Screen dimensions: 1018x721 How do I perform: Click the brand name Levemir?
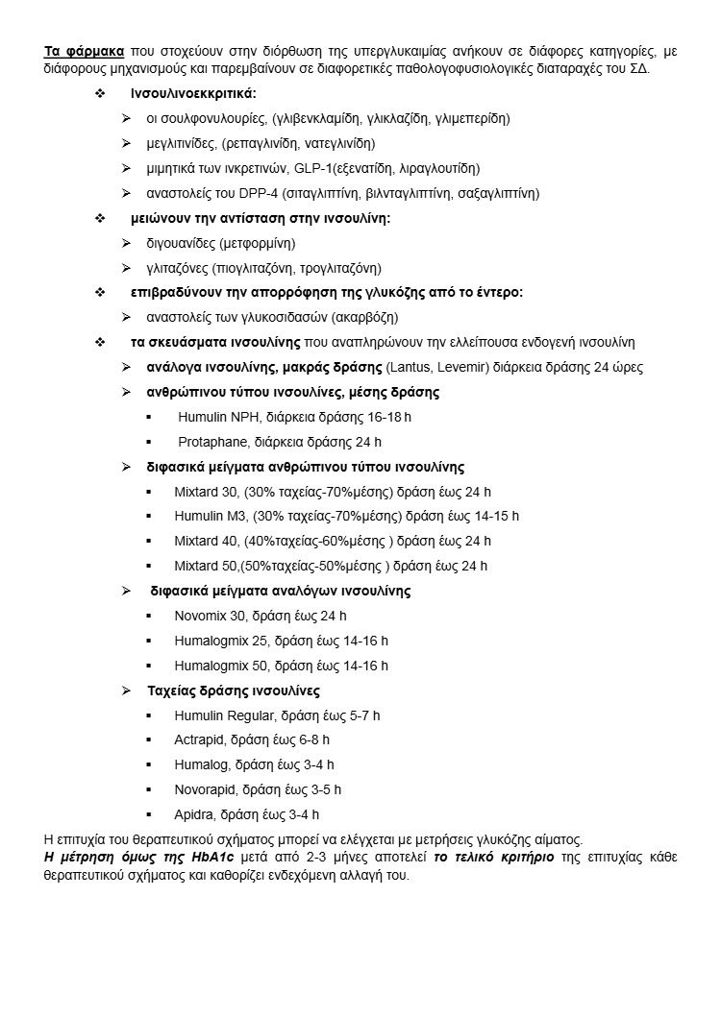458,367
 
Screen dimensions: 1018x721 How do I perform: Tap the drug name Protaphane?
211,442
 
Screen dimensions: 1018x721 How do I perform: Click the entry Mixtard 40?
207,541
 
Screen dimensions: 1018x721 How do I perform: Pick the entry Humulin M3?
210,516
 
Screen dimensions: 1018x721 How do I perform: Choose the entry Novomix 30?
209,616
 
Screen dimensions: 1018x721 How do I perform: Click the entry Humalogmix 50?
221,666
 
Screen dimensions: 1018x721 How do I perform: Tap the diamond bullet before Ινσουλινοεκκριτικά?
100,94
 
